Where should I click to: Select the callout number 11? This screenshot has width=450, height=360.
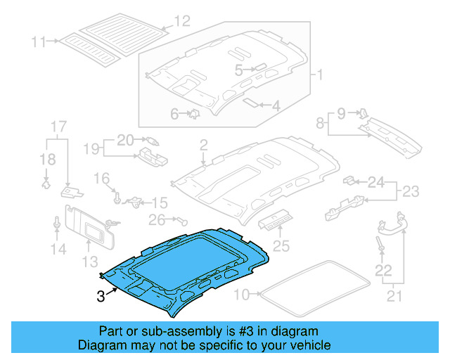pos(39,41)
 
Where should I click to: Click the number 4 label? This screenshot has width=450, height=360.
pos(276,106)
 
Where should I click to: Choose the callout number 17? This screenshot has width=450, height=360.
pos(58,127)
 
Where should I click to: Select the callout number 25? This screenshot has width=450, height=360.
pos(281,245)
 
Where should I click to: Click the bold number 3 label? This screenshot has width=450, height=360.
pos(101,297)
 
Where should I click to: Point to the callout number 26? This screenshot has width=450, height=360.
pos(158,219)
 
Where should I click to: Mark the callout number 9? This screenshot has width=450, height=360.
pos(342,112)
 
